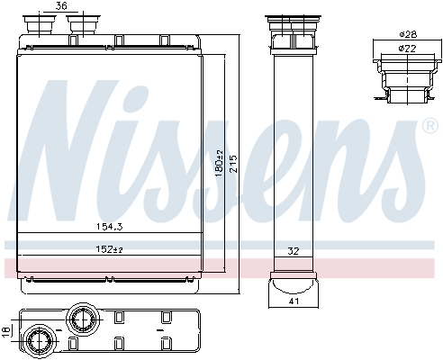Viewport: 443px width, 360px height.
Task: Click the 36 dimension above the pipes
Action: point(61,6)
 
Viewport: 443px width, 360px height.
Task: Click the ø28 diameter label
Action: point(407,34)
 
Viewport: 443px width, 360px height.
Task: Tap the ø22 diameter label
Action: point(407,48)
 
